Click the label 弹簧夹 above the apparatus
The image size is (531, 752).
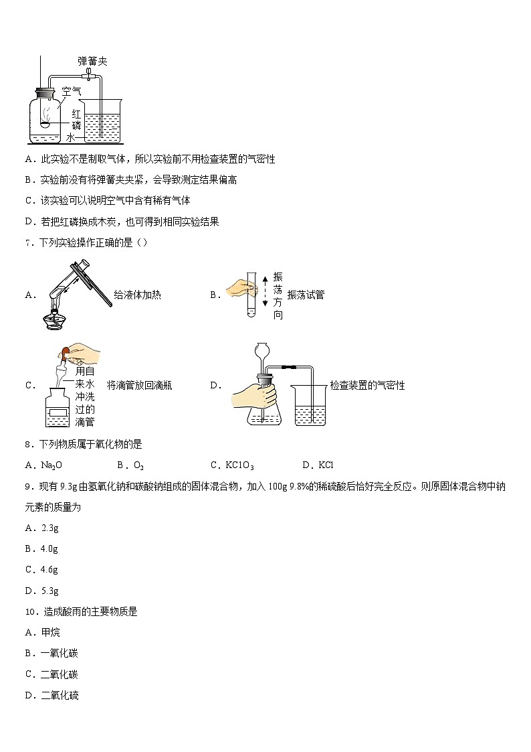92,62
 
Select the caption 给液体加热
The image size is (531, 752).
137,295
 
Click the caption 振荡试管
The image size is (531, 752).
306,295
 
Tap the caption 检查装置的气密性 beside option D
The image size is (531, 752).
367,385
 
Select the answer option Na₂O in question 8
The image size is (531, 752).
51,465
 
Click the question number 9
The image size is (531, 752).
27,487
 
